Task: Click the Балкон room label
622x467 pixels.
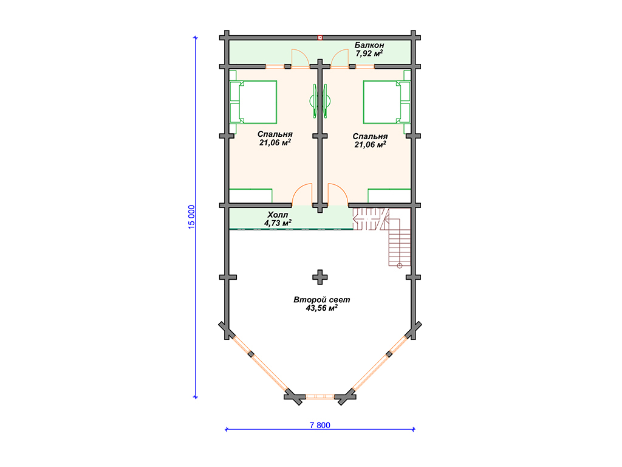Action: (369, 45)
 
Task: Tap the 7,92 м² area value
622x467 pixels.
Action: (369, 54)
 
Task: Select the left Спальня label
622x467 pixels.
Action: (275, 134)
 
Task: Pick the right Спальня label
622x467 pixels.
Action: (370, 137)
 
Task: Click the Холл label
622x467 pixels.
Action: (278, 215)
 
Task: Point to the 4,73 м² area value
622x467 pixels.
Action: (278, 223)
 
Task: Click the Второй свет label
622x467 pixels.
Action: (322, 300)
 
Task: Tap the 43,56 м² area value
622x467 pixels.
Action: (322, 308)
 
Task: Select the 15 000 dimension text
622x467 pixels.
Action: (191, 217)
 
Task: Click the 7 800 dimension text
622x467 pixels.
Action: (320, 425)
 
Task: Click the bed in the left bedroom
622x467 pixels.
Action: (253, 102)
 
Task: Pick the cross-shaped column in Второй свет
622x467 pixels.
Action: (320, 277)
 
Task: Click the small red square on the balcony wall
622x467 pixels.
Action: (320, 38)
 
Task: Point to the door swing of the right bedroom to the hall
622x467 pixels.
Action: (338, 194)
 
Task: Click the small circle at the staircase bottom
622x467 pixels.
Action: (400, 266)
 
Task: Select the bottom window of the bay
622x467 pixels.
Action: (320, 396)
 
